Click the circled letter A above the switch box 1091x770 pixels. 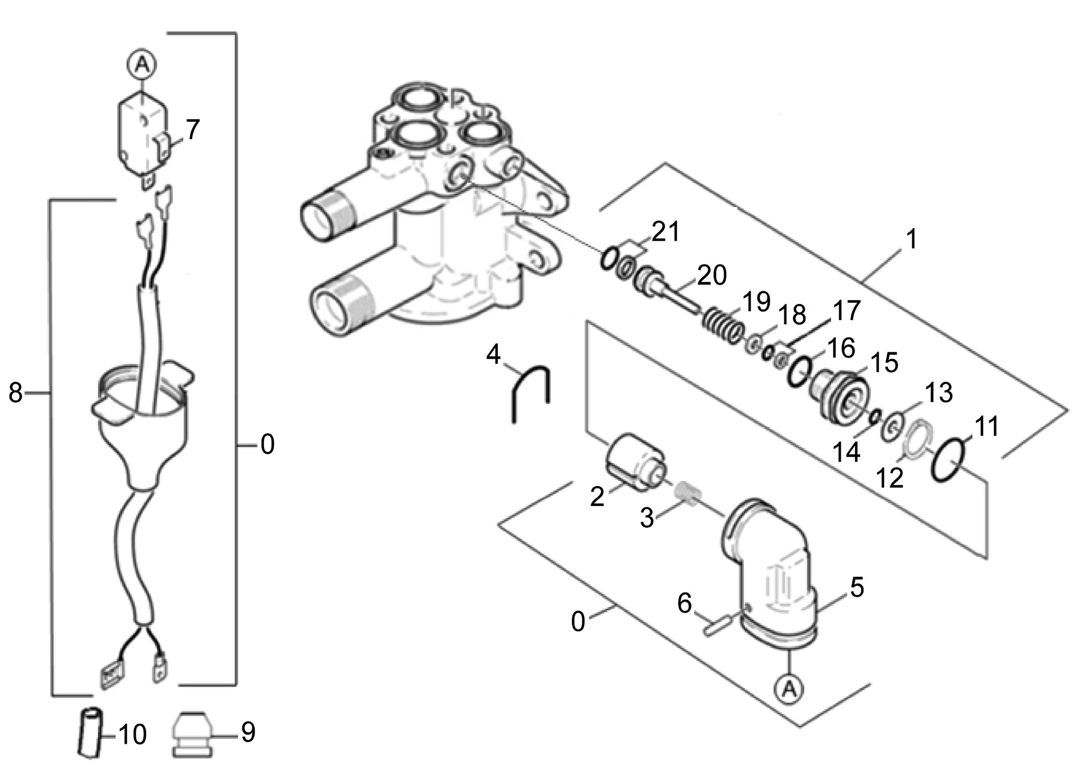tap(141, 64)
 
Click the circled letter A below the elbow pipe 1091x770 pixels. tap(789, 688)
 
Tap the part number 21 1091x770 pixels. tap(665, 232)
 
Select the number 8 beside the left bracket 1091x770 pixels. tap(15, 393)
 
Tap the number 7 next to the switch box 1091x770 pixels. tap(191, 130)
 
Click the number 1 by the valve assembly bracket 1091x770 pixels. tap(911, 239)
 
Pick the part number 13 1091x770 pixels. tap(938, 393)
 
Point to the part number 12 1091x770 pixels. tap(890, 478)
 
